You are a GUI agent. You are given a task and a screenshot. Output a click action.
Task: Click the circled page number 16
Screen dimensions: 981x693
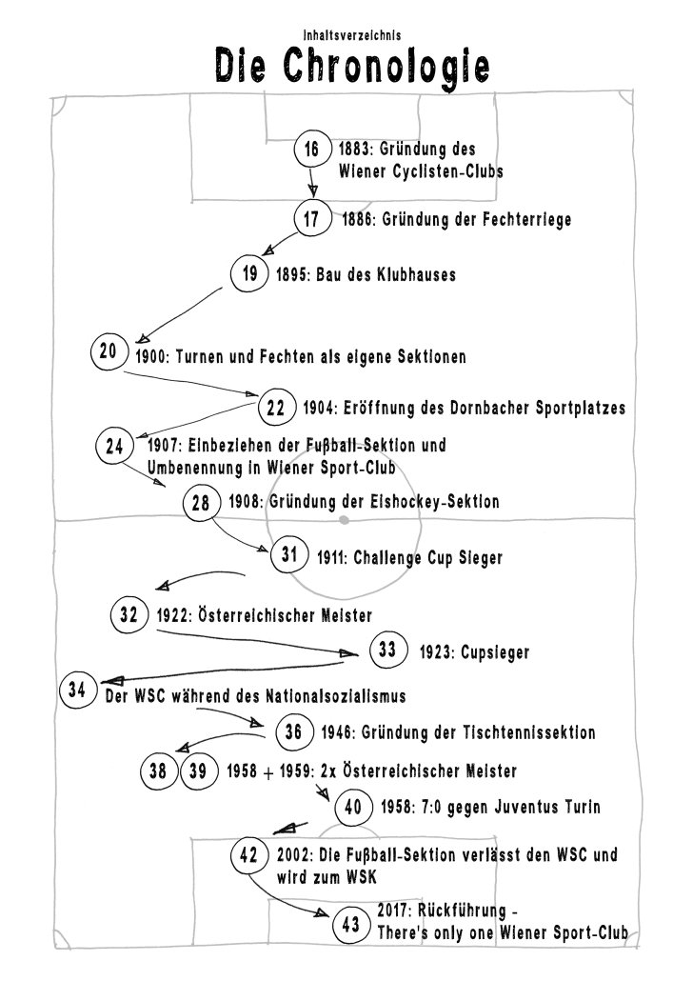311,150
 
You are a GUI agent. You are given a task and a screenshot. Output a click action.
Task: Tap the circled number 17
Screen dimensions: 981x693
311,219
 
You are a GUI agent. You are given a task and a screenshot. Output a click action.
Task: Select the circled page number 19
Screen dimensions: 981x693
249,274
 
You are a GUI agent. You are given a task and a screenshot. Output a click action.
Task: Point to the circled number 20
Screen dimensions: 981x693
108,351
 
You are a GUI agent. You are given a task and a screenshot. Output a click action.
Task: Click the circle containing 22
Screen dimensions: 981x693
276,409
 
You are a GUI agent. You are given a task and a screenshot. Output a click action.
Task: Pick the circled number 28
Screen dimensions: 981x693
201,502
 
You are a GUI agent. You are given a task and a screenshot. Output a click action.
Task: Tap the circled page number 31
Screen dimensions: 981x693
290,554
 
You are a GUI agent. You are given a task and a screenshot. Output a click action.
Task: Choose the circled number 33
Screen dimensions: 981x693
387,651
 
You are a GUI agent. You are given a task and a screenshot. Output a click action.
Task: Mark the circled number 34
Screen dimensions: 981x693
77,689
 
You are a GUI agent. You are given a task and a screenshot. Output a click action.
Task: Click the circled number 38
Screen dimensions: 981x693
158,771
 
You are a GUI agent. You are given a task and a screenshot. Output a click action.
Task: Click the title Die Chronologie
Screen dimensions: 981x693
353,66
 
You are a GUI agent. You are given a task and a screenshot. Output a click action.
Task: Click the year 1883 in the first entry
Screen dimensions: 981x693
355,150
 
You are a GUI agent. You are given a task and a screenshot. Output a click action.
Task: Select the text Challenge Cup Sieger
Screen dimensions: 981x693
427,558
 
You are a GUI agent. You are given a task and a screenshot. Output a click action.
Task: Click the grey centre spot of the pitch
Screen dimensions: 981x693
345,520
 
